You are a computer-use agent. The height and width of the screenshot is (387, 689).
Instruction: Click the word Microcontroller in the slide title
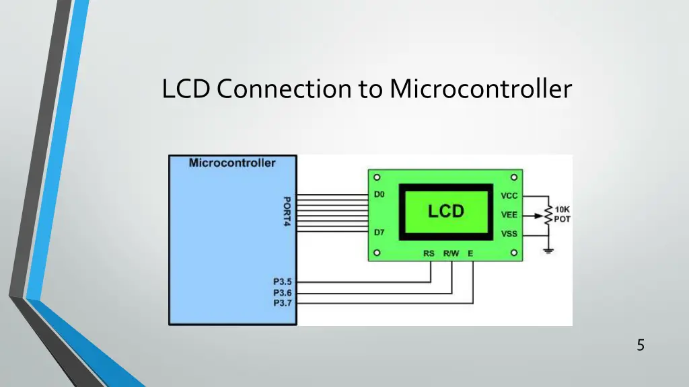pos(480,89)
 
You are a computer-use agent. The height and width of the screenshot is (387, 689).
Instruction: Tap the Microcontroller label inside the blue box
pos(232,163)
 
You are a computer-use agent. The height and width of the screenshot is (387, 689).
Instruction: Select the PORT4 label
pos(287,211)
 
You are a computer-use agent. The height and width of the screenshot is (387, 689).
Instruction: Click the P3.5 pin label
pos(282,283)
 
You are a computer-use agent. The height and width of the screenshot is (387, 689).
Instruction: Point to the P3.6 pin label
pos(282,293)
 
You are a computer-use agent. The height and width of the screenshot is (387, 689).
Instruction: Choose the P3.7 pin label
pos(282,303)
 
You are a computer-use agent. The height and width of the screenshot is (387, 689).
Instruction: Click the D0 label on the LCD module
pos(379,195)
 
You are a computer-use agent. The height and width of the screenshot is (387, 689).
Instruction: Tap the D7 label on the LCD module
pos(379,232)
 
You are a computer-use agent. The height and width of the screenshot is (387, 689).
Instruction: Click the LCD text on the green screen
pos(446,211)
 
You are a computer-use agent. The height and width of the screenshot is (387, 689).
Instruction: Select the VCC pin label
pos(509,196)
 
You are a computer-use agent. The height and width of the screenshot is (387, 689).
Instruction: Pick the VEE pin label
pos(509,215)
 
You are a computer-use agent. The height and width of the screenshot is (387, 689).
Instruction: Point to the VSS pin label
pos(509,234)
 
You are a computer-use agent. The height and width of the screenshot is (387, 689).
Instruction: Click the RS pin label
pos(429,254)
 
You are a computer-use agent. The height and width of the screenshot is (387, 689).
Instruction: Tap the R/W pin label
pos(451,254)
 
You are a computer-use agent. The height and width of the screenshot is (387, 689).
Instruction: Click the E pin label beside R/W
pos(470,254)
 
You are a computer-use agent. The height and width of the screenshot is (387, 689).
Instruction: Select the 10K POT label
pos(563,214)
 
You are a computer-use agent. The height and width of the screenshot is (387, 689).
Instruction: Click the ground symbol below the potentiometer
pos(548,251)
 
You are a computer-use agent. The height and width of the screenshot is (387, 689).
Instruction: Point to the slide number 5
pos(641,345)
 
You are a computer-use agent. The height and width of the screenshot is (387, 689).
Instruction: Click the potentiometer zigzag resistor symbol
pos(548,215)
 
